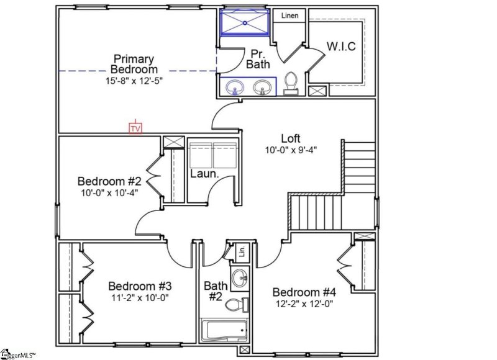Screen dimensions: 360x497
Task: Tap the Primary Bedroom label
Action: (x=134, y=64)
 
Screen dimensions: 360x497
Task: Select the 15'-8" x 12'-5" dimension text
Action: (x=134, y=80)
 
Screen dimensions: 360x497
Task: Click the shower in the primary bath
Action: (x=244, y=23)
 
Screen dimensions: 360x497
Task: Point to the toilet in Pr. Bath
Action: (x=291, y=83)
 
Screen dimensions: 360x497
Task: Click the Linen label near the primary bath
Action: (x=290, y=15)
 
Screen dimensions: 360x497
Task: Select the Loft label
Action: (x=291, y=138)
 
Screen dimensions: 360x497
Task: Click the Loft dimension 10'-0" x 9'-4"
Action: (x=291, y=150)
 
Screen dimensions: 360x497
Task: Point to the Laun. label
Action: (x=204, y=174)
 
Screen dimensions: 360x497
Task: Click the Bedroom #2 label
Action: (x=109, y=181)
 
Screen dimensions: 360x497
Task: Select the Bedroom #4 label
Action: (x=304, y=292)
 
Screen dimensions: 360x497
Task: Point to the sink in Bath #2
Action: (x=240, y=279)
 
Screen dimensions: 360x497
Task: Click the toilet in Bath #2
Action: (x=235, y=305)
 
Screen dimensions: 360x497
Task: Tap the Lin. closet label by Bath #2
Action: (x=242, y=251)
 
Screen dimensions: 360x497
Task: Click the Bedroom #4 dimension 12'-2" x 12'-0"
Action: (x=304, y=304)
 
